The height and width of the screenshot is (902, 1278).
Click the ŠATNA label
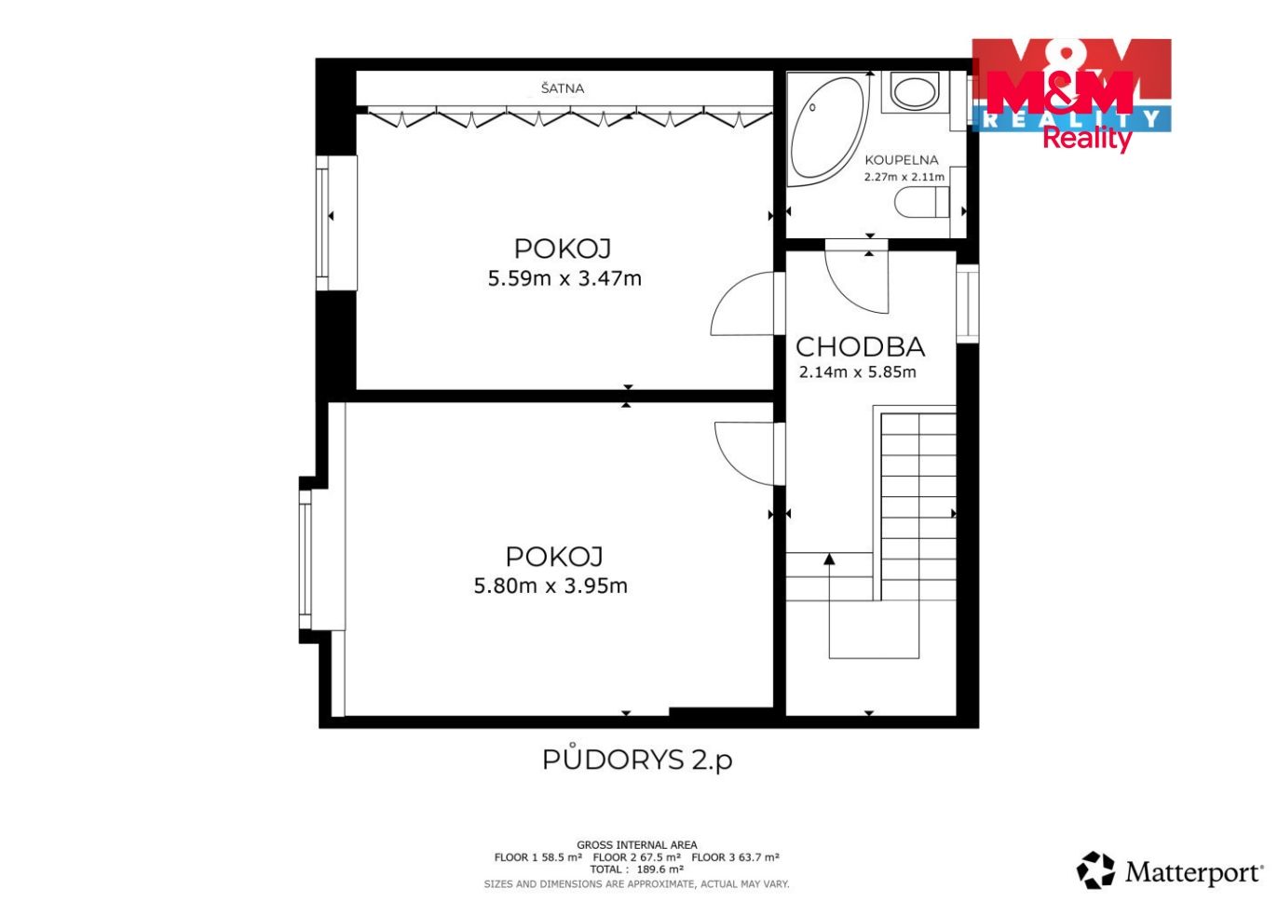tap(563, 88)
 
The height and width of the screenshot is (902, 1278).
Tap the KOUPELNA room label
tap(902, 160)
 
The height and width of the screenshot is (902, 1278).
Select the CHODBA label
tap(860, 346)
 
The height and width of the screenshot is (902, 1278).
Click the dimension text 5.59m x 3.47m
tap(564, 279)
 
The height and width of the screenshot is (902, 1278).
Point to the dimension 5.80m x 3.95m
tap(551, 586)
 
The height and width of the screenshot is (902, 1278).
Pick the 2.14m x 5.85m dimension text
tap(858, 372)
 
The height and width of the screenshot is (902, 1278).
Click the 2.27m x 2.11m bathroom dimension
tap(904, 177)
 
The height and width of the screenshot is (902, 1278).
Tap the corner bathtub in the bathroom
tap(827, 130)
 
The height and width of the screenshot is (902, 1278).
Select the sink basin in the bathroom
tap(915, 91)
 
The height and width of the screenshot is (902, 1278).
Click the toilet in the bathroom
tap(921, 202)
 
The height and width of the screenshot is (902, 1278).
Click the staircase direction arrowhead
tap(829, 559)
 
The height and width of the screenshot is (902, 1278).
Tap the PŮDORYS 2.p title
tap(637, 760)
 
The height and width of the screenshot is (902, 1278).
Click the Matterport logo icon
tap(1094, 870)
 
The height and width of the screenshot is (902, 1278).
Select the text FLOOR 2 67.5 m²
tap(636, 857)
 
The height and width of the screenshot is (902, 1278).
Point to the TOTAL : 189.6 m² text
tap(637, 869)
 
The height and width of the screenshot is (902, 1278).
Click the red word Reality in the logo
tap(1087, 139)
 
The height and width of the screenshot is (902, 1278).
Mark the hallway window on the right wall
tap(968, 303)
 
